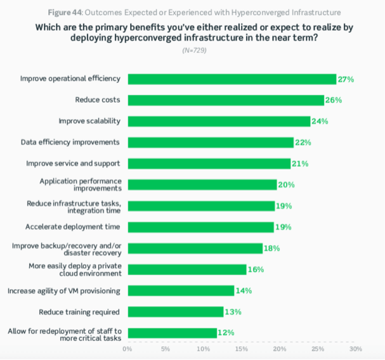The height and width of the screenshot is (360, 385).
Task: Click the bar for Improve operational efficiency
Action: point(232,79)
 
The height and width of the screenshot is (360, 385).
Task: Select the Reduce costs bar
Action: point(226,100)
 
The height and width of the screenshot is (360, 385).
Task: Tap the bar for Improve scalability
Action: point(219,121)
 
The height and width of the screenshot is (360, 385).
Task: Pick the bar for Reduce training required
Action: point(175,311)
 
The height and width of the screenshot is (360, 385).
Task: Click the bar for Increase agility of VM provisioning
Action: point(181,290)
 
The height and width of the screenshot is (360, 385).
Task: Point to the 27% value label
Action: point(346,79)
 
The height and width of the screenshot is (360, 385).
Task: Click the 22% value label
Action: point(303,143)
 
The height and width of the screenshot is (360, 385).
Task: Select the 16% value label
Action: point(256,269)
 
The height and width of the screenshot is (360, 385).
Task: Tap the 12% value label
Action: point(226,332)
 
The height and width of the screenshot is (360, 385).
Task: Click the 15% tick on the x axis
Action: point(241,349)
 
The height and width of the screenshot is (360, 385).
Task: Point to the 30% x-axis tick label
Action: point(355,349)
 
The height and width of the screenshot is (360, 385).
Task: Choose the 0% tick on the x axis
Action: point(127,349)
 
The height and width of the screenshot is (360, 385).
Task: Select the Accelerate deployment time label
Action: point(73,226)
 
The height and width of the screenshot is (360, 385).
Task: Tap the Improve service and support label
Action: point(73,163)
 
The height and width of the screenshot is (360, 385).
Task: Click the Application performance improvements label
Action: point(80,184)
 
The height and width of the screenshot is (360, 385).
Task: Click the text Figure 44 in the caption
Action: point(63,12)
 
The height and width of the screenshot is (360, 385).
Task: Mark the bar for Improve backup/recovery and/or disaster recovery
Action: point(195,248)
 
